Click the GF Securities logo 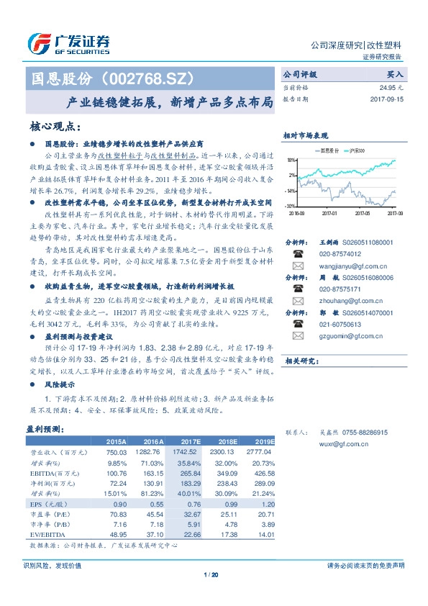click(68, 43)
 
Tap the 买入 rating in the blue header click(395, 74)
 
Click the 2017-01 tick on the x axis click(329, 214)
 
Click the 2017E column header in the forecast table click(190, 441)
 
